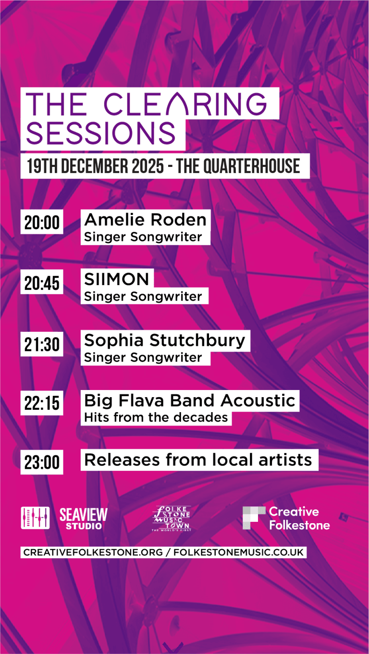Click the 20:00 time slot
[42, 223]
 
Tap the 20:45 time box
[42, 283]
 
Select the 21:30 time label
[42, 344]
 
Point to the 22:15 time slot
[42, 403]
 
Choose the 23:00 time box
[42, 463]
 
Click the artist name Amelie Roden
[145, 220]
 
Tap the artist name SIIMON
[117, 279]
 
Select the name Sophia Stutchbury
[165, 340]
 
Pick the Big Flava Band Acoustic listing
[190, 401]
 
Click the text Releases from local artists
[198, 460]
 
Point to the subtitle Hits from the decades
[156, 417]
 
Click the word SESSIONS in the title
[101, 133]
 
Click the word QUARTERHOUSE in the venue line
[253, 166]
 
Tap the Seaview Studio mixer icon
[35, 518]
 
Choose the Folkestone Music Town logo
[171, 518]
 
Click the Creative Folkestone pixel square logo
[254, 517]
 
